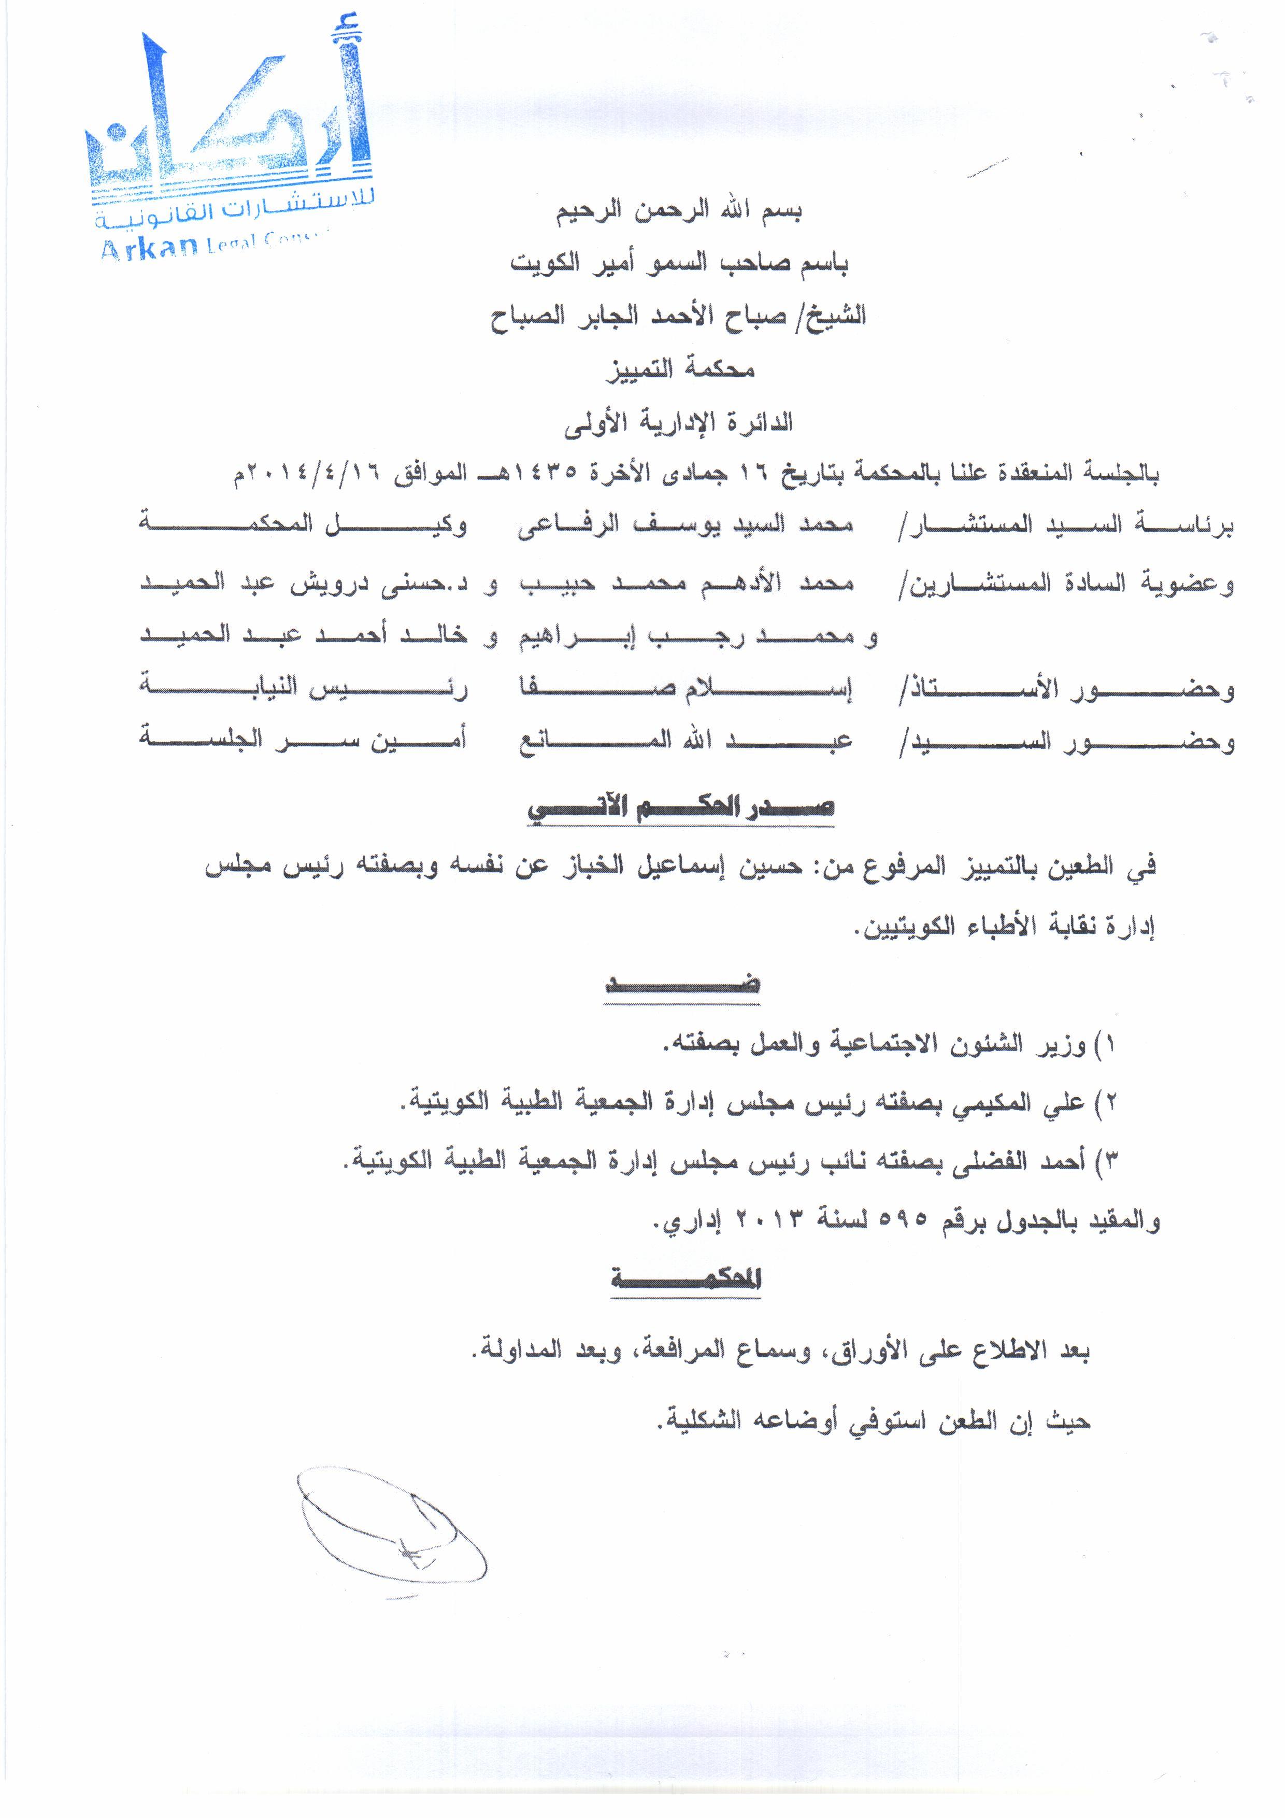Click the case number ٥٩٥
905,1224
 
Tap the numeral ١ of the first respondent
1110,1046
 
